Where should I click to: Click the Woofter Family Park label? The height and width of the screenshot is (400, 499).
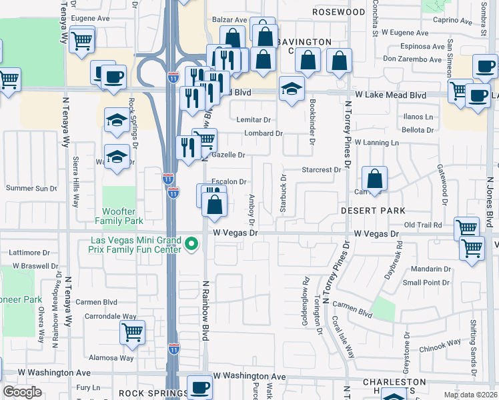(119, 215)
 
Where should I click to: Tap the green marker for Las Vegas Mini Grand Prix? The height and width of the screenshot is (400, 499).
(192, 245)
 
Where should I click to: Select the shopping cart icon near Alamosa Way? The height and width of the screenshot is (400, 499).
(133, 331)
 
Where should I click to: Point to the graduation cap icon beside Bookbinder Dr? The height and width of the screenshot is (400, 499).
(292, 88)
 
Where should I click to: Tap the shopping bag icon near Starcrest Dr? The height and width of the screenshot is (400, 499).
(375, 178)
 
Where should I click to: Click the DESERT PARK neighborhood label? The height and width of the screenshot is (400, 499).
(373, 210)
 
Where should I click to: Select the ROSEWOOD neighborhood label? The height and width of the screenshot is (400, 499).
(340, 12)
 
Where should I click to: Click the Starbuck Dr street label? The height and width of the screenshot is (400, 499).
(283, 194)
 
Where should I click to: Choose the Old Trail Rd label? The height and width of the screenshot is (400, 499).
(423, 225)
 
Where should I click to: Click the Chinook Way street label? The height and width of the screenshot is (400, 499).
(440, 345)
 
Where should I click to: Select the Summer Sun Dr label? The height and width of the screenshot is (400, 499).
(31, 189)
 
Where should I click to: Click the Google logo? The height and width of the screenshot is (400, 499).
(22, 391)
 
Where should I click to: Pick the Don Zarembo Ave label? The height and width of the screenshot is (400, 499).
(412, 59)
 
